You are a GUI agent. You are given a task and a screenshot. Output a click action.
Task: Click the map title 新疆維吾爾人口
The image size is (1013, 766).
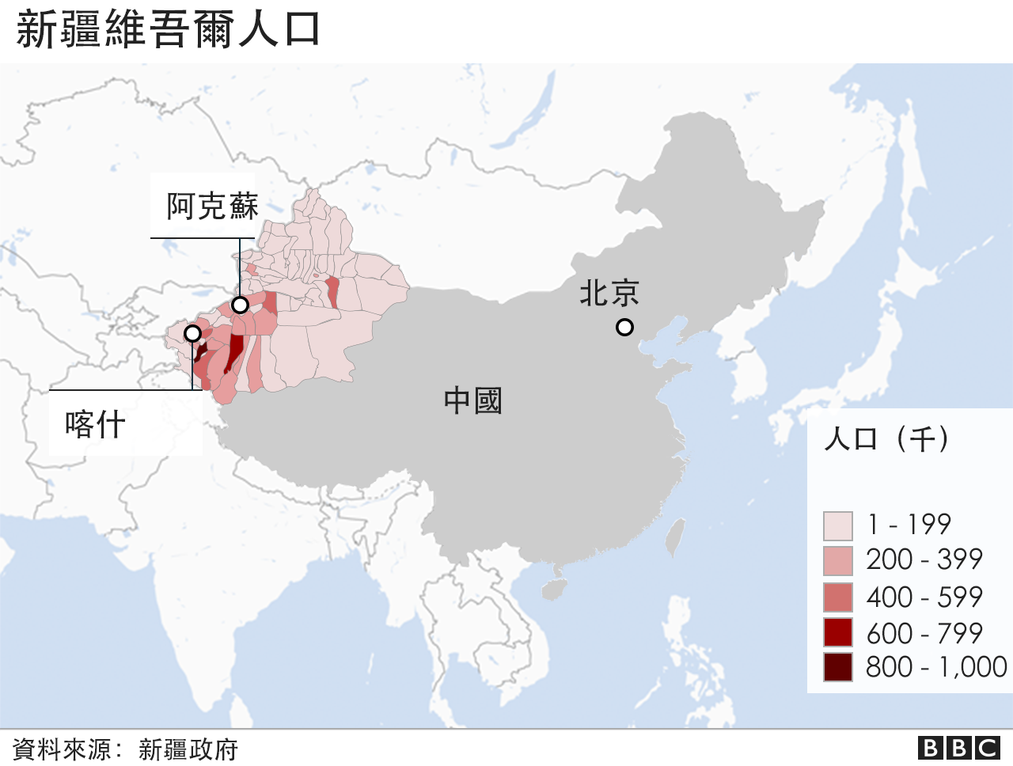pos(168,30)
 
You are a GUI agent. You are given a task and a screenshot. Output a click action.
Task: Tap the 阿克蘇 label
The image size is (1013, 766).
pos(212,207)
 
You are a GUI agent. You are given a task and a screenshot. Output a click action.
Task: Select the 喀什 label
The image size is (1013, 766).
pos(96,425)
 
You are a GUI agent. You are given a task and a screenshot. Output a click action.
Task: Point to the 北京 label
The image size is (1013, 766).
pos(609,294)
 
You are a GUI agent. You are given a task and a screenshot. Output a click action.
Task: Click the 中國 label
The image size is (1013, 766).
pos(472,400)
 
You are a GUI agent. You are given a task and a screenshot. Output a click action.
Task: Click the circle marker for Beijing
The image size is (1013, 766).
pos(624,327)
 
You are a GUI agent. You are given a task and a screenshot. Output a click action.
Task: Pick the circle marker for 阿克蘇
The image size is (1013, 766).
pos(240,305)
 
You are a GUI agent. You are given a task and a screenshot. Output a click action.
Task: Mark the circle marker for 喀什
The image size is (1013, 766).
pos(192,333)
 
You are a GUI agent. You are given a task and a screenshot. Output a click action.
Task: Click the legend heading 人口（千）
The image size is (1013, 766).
pos(886,438)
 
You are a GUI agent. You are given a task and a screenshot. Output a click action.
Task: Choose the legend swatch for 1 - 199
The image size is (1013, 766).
pos(837,525)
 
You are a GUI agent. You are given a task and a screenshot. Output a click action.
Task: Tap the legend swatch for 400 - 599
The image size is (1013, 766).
pos(837,597)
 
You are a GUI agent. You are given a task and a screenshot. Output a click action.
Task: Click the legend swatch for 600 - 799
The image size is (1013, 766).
pos(837,633)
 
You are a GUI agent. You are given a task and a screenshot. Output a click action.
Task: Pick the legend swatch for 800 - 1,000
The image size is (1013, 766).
pos(837,667)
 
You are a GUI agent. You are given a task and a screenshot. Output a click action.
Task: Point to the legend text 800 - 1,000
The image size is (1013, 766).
pos(936,667)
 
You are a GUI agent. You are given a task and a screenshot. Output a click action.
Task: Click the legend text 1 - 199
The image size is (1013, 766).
pos(909,525)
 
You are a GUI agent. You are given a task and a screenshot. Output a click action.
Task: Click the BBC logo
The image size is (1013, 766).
pos(959,748)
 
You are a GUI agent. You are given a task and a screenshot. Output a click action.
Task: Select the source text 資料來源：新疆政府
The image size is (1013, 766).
pos(125,749)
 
